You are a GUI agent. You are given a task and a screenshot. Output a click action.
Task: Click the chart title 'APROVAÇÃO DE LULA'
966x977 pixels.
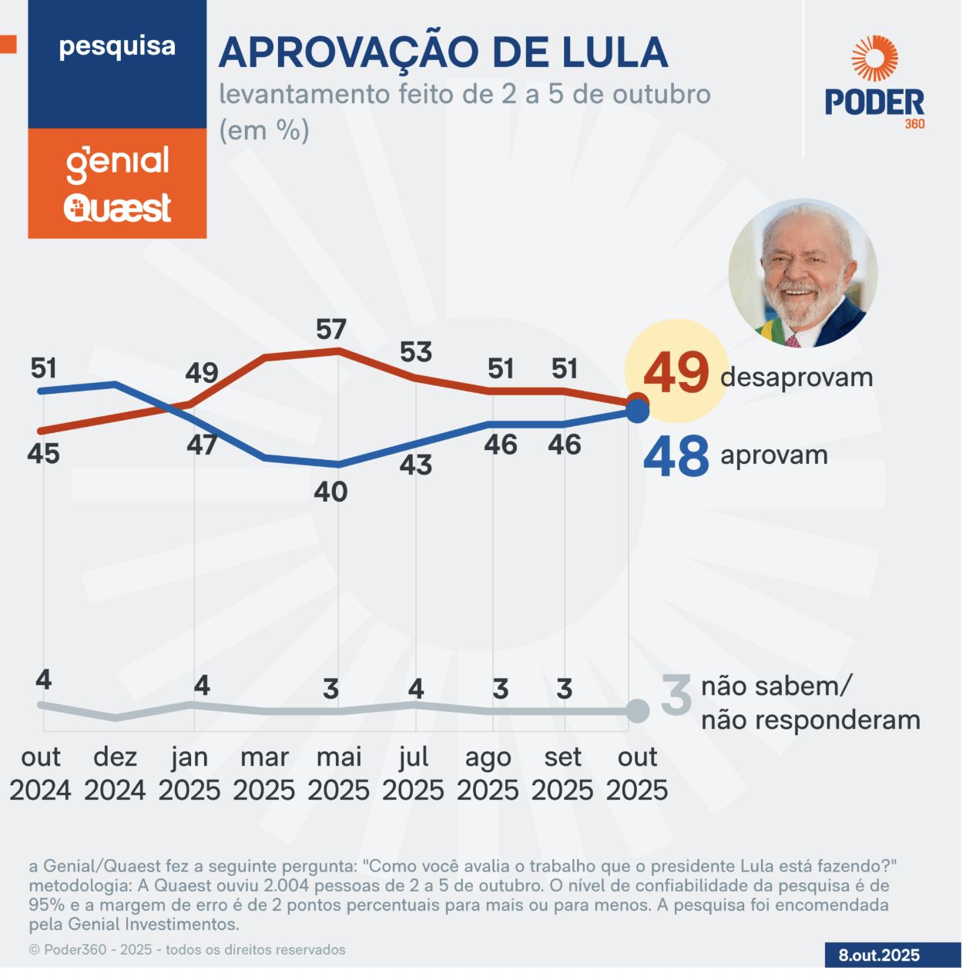coord(443,52)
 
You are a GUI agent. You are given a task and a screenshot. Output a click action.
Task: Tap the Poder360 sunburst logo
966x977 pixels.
coord(874,59)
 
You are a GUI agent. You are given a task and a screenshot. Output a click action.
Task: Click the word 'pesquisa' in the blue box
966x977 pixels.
coord(117,46)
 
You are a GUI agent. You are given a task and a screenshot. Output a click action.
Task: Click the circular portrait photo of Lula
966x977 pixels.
coord(803,274)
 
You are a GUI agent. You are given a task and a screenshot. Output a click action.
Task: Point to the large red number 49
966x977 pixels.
coord(676,373)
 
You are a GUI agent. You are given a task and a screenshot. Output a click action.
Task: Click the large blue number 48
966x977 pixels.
coord(676,456)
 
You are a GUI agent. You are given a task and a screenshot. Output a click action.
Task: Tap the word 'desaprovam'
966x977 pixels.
coord(797,378)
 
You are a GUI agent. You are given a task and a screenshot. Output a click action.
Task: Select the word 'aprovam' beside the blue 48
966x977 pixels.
coord(774,455)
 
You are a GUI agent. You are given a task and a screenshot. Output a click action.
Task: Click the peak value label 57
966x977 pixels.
coord(331,330)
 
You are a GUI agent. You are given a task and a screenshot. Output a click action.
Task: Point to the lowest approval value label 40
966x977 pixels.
coord(330,492)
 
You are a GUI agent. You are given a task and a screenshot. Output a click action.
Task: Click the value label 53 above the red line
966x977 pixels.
coord(416,352)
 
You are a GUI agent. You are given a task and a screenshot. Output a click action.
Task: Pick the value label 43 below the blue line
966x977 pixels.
coord(416,465)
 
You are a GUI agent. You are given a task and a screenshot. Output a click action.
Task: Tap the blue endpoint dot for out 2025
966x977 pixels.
coord(637,411)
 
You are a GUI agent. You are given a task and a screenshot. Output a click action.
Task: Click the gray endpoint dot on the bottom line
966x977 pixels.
coord(637,711)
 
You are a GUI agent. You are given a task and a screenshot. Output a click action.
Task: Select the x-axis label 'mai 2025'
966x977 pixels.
coord(339,774)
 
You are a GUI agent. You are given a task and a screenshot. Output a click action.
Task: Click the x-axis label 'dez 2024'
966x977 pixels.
coord(115,774)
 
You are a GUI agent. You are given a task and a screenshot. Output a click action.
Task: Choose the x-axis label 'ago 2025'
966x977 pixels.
coord(488,774)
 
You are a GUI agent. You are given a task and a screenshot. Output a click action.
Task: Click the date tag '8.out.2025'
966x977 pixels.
coord(879,955)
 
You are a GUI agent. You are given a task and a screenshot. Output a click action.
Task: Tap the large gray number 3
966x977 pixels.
coord(676,695)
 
